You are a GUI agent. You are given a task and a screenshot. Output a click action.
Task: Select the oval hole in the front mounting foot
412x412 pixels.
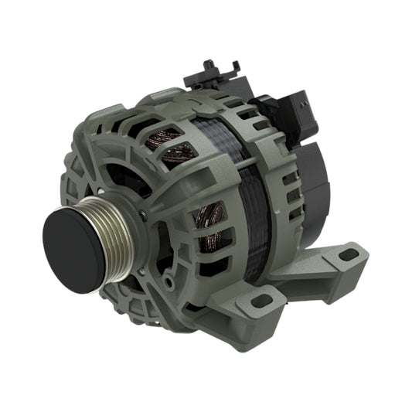pos(260,300)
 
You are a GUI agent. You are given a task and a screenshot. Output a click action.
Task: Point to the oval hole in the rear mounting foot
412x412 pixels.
pos(349,254)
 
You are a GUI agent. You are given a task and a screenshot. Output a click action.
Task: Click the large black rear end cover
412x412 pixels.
pos(313,182)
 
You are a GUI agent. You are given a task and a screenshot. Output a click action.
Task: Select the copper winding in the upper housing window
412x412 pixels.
pos(172,147)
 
